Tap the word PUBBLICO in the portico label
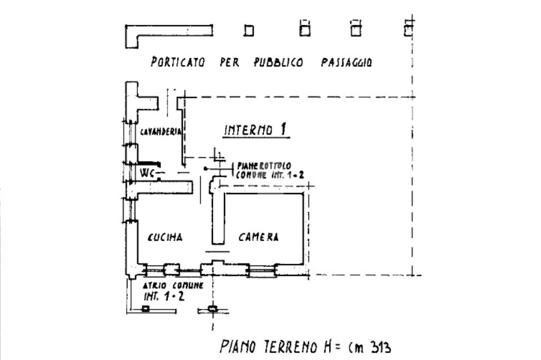[278, 62]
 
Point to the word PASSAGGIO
[346, 62]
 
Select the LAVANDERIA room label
[161, 131]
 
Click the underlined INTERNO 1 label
[257, 130]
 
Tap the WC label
[147, 172]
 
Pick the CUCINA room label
[165, 238]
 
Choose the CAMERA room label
[258, 238]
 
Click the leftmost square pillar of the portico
[249, 32]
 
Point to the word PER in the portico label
[229, 62]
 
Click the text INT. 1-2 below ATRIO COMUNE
[164, 296]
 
